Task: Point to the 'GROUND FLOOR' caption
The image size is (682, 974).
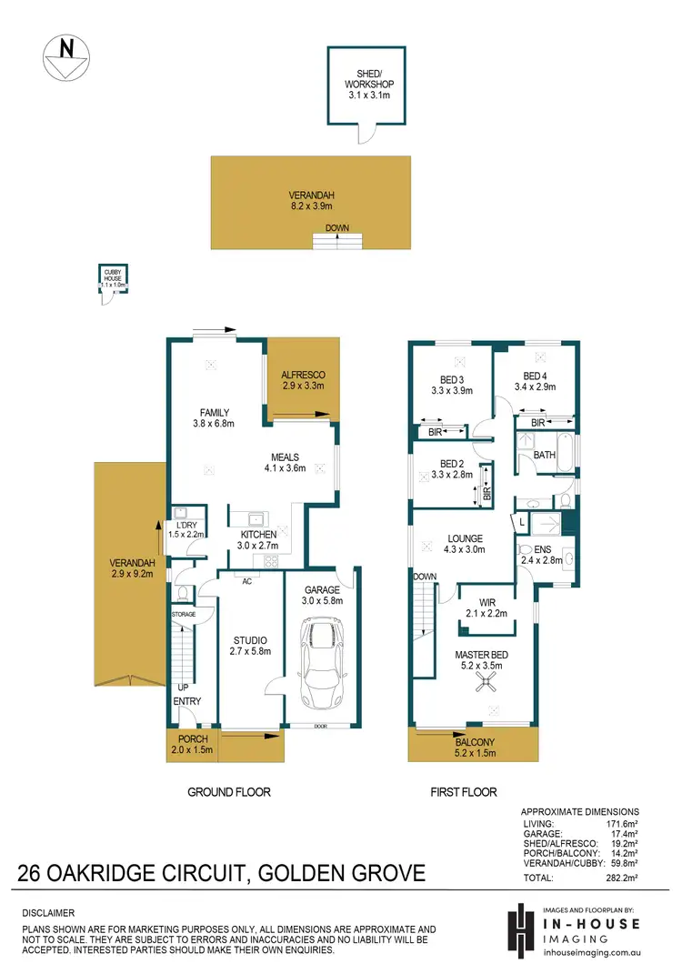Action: point(229,792)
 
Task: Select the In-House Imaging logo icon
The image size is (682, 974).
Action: point(520,929)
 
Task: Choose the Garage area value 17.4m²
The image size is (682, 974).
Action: point(623,832)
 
